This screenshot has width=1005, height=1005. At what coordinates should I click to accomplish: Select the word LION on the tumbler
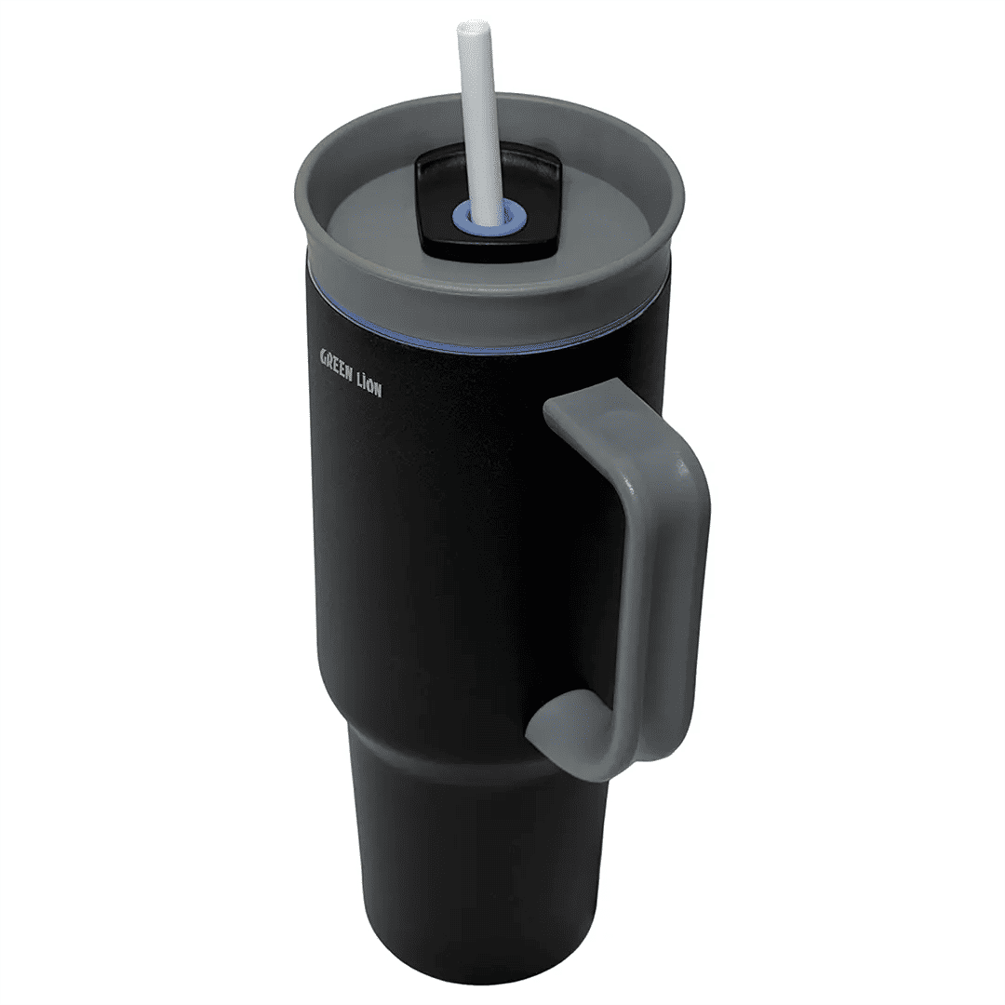(370, 382)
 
